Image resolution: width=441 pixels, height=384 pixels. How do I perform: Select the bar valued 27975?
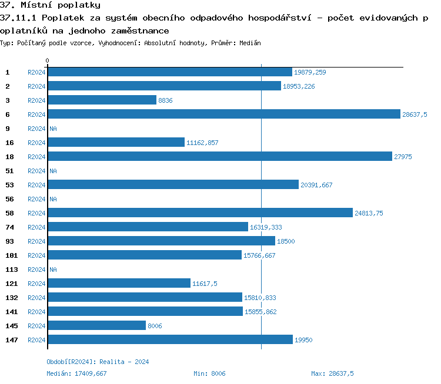219,156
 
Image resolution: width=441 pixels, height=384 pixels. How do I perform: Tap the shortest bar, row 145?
96,325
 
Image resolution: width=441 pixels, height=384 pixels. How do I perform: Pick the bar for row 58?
200,213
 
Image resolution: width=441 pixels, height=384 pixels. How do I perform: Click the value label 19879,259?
310,72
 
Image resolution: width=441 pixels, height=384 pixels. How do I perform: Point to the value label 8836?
165,100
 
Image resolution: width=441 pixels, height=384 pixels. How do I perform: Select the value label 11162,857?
202,143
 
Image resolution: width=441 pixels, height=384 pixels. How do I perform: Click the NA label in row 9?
53,129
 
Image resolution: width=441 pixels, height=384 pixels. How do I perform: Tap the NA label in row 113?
53,270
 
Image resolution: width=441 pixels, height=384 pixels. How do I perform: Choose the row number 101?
11,255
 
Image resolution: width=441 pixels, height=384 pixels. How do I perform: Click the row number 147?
11,340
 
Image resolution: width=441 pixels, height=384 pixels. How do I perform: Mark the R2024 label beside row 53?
36,185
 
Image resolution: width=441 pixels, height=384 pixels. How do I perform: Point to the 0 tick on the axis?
47,60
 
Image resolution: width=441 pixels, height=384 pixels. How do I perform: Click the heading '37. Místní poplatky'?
50,5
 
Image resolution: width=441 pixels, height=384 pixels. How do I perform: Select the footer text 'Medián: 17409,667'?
76,373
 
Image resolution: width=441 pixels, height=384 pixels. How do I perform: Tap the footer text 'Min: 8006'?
209,373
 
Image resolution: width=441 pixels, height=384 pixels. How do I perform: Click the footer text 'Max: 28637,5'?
332,373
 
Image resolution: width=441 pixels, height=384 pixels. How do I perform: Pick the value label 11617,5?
205,284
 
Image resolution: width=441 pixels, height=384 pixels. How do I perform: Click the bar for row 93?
161,241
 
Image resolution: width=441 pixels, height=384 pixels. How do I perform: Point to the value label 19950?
303,340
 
